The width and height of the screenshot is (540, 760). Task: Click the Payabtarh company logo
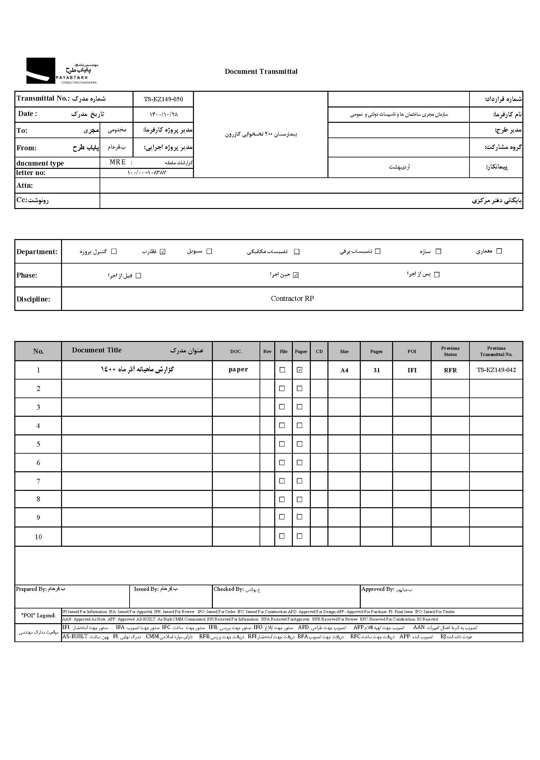pos(62,71)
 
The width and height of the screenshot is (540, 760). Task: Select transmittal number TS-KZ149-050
pos(163,99)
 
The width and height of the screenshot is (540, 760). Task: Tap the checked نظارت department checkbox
pos(163,251)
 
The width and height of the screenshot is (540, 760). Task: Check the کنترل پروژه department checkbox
pos(114,251)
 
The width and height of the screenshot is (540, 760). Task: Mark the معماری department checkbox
pos(499,251)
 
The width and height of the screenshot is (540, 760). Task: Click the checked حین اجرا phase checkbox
pos(296,275)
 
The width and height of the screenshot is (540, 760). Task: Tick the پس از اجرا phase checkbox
pos(437,275)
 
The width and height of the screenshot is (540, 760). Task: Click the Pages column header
pos(376,351)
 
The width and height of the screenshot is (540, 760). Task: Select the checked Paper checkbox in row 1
pos(300,370)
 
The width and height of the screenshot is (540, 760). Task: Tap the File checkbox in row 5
pos(282,444)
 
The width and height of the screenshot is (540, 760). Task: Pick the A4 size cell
pos(344,370)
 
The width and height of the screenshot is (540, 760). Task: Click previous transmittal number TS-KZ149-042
pos(496,370)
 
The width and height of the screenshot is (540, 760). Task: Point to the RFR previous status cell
pos(450,370)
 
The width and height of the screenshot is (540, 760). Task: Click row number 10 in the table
pos(38,537)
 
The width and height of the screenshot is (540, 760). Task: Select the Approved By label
pos(377,589)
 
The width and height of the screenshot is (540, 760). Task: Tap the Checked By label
pos(229,589)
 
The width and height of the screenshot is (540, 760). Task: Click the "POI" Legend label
pos(38,616)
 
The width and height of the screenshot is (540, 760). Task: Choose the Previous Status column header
pos(450,351)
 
